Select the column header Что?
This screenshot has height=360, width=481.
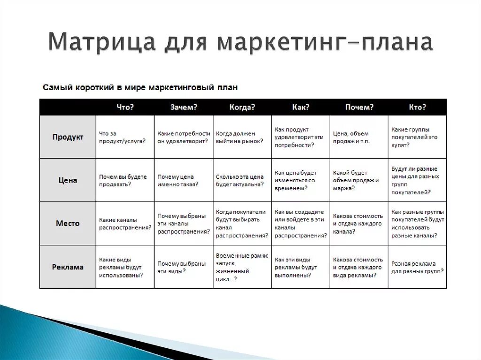pyautogui.click(x=125, y=107)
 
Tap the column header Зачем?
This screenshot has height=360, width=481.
pyautogui.click(x=184, y=107)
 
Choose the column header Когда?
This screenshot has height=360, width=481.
pyautogui.click(x=242, y=107)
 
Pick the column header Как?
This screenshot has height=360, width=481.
pyautogui.click(x=301, y=107)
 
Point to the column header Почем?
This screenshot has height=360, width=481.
pyautogui.click(x=359, y=107)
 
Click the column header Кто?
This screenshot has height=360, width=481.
pyautogui.click(x=417, y=107)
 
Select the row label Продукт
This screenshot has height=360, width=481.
pyautogui.click(x=68, y=137)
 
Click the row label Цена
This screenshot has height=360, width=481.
pyautogui.click(x=68, y=180)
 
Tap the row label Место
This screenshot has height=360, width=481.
pyautogui.click(x=68, y=223)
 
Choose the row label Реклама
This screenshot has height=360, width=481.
pyautogui.click(x=68, y=267)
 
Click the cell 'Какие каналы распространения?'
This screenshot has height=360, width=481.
pyautogui.click(x=125, y=223)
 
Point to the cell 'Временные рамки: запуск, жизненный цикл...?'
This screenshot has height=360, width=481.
pyautogui.click(x=242, y=267)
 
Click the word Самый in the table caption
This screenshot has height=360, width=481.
pyautogui.click(x=55, y=87)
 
